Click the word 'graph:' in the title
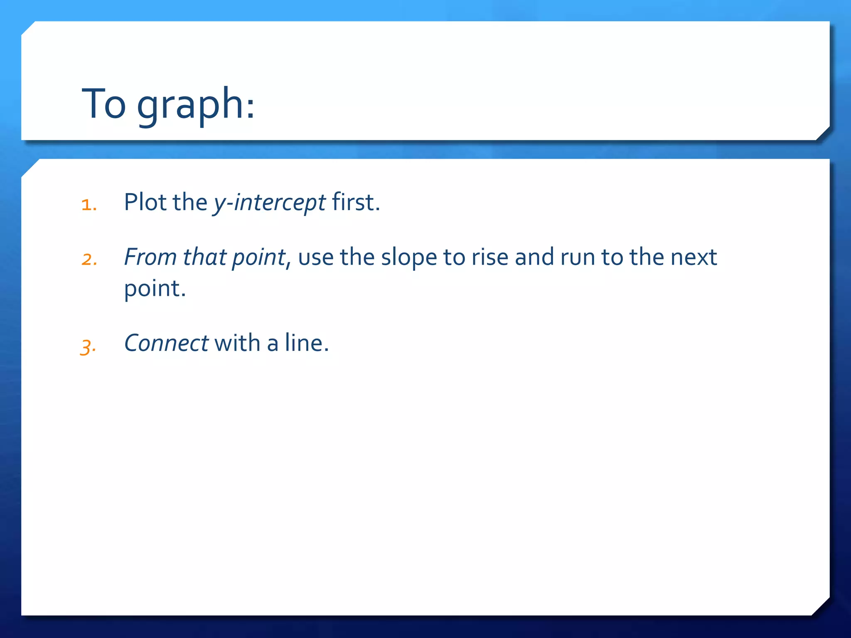(196, 105)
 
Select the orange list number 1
(89, 205)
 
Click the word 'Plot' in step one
(145, 202)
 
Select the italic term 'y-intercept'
(269, 203)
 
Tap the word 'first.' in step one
(356, 202)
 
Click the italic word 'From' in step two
(150, 257)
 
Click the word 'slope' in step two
(409, 258)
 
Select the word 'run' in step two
(577, 258)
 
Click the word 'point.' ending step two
(155, 289)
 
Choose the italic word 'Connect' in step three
(166, 344)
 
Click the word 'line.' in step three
(307, 344)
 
